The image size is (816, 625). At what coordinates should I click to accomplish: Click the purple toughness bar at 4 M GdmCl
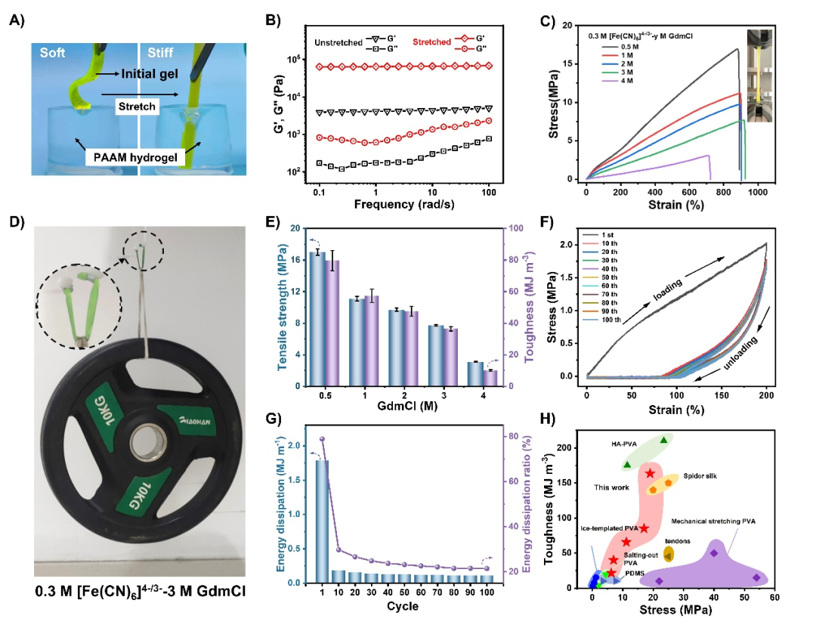coord(491,378)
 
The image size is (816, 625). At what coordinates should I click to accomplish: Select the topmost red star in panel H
coord(650,474)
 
